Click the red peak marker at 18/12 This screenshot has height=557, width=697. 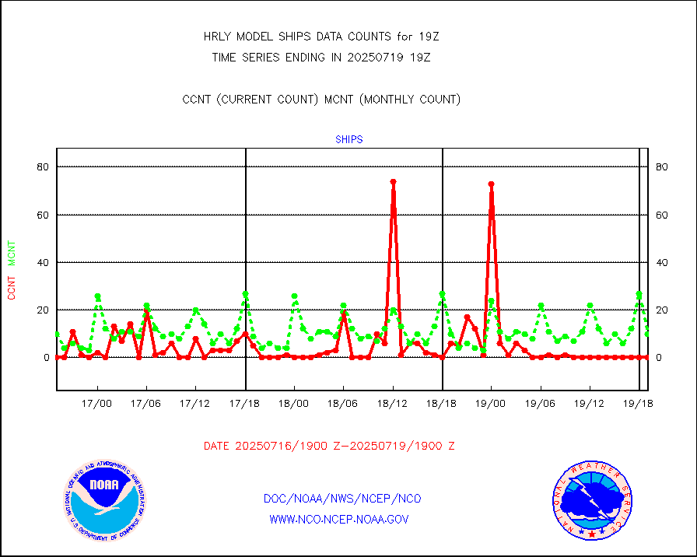tap(393, 182)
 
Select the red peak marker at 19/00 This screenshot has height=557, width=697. tap(492, 184)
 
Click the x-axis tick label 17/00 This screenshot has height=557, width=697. tap(97, 404)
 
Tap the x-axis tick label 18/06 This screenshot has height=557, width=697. tap(343, 404)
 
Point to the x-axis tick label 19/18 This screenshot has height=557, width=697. tap(639, 404)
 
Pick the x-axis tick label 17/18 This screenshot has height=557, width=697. tap(245, 404)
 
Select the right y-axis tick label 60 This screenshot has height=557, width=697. tap(663, 215)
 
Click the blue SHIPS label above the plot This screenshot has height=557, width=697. tap(348, 140)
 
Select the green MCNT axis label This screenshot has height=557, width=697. tap(11, 254)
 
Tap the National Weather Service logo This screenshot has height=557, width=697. tap(591, 500)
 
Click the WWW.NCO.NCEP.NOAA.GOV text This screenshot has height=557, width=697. tap(338, 519)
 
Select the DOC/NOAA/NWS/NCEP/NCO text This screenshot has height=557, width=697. tap(342, 499)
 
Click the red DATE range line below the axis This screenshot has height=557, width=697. tap(329, 447)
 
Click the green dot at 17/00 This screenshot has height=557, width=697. tap(97, 296)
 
